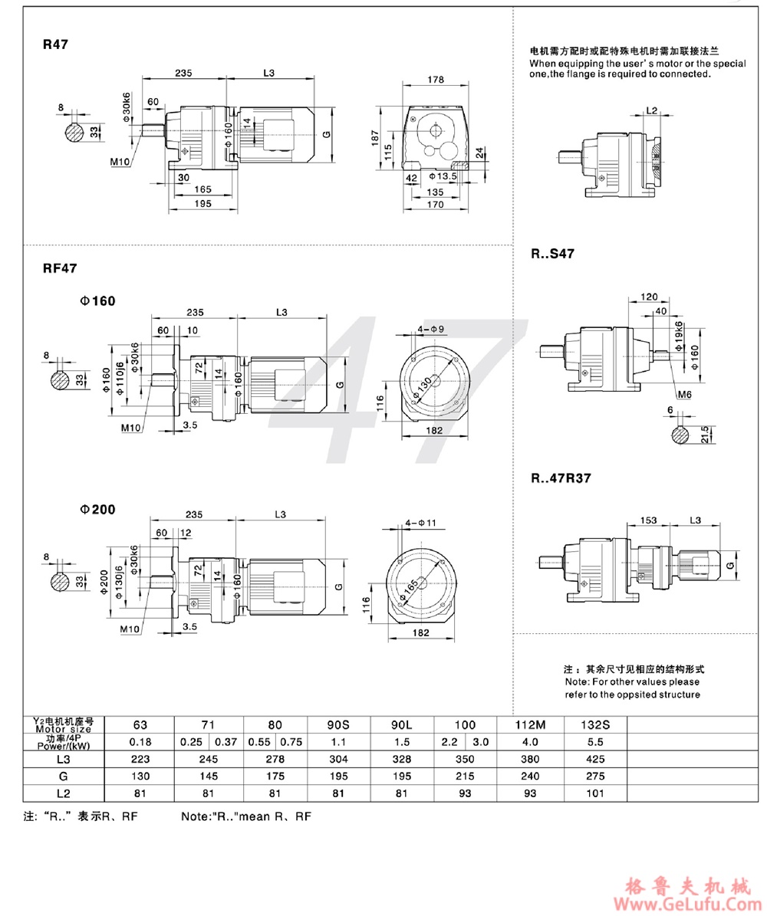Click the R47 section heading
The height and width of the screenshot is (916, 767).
click(56, 44)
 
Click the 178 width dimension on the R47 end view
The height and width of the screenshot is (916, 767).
click(436, 80)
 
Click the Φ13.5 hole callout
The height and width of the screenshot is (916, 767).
click(445, 176)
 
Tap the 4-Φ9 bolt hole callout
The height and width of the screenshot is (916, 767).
click(431, 329)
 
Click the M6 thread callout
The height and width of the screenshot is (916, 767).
click(685, 395)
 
